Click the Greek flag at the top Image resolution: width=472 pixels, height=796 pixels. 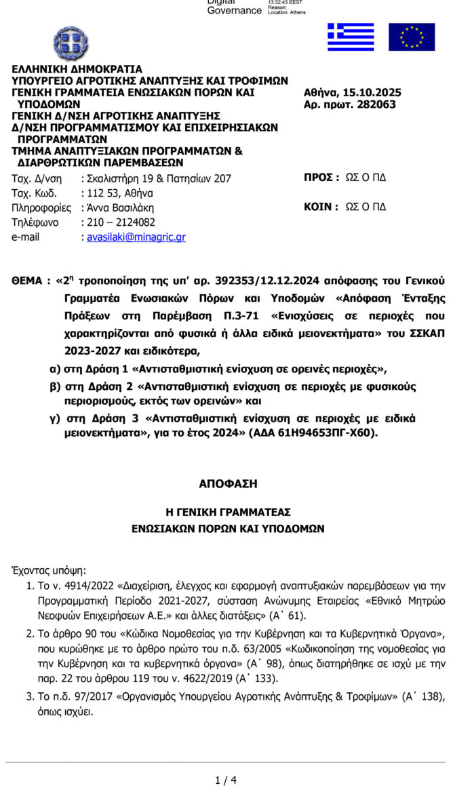tap(351, 37)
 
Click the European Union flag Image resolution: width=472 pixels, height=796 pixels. tap(411, 37)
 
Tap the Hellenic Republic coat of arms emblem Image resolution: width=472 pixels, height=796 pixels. tap(71, 42)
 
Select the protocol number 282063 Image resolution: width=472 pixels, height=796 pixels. tap(374, 104)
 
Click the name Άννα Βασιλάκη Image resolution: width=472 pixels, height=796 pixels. tap(120, 207)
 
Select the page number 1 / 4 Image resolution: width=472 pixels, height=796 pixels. tap(226, 780)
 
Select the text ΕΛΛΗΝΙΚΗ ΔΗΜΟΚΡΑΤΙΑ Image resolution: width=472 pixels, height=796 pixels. tap(77, 69)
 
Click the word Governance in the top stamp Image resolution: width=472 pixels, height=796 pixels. tap(234, 11)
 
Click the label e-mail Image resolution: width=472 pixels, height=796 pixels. tap(26, 237)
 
